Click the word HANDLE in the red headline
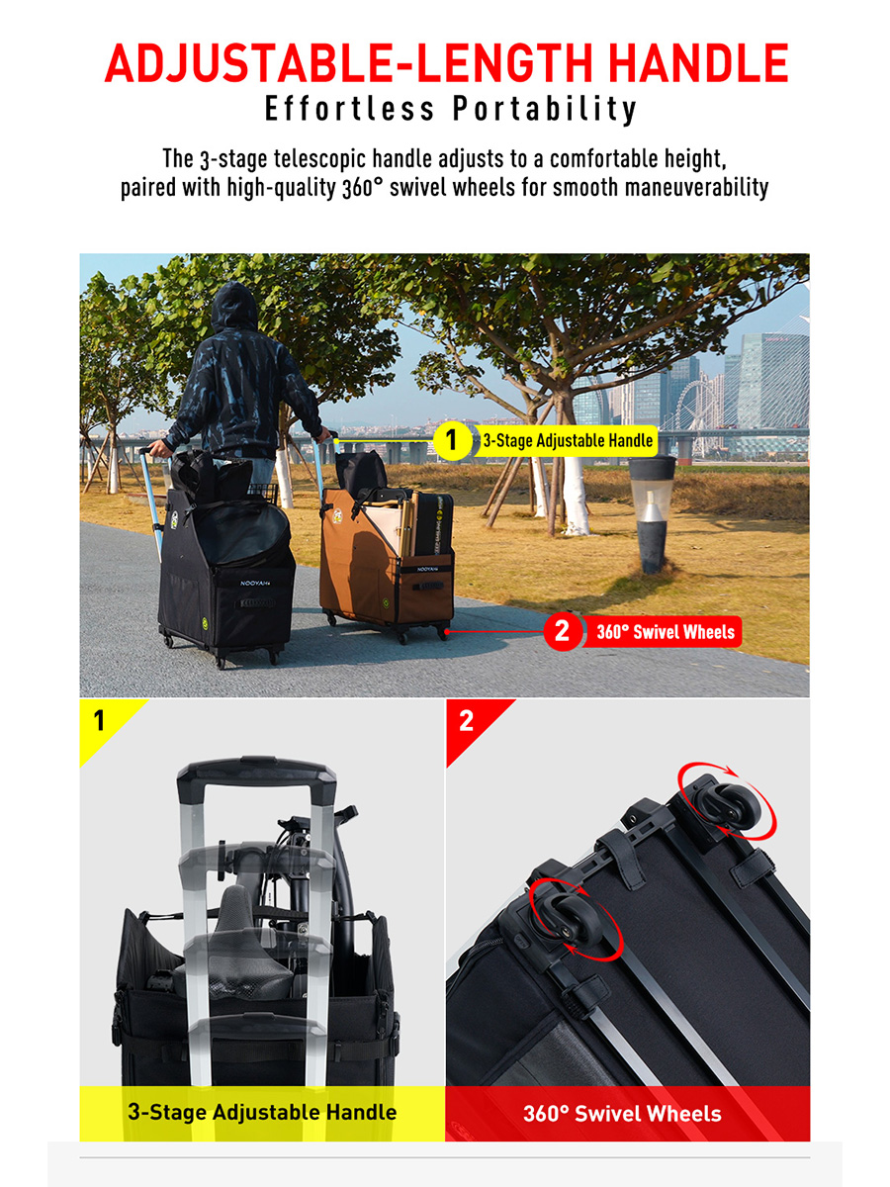(x=698, y=63)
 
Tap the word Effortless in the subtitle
(x=350, y=108)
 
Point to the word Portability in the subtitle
(x=545, y=110)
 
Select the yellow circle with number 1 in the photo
(x=451, y=440)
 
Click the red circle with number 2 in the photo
(x=562, y=632)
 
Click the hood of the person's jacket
(x=234, y=306)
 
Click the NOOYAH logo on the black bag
(x=255, y=583)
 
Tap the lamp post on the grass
(x=652, y=513)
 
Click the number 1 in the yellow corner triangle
(x=99, y=720)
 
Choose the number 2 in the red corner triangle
(x=466, y=720)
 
